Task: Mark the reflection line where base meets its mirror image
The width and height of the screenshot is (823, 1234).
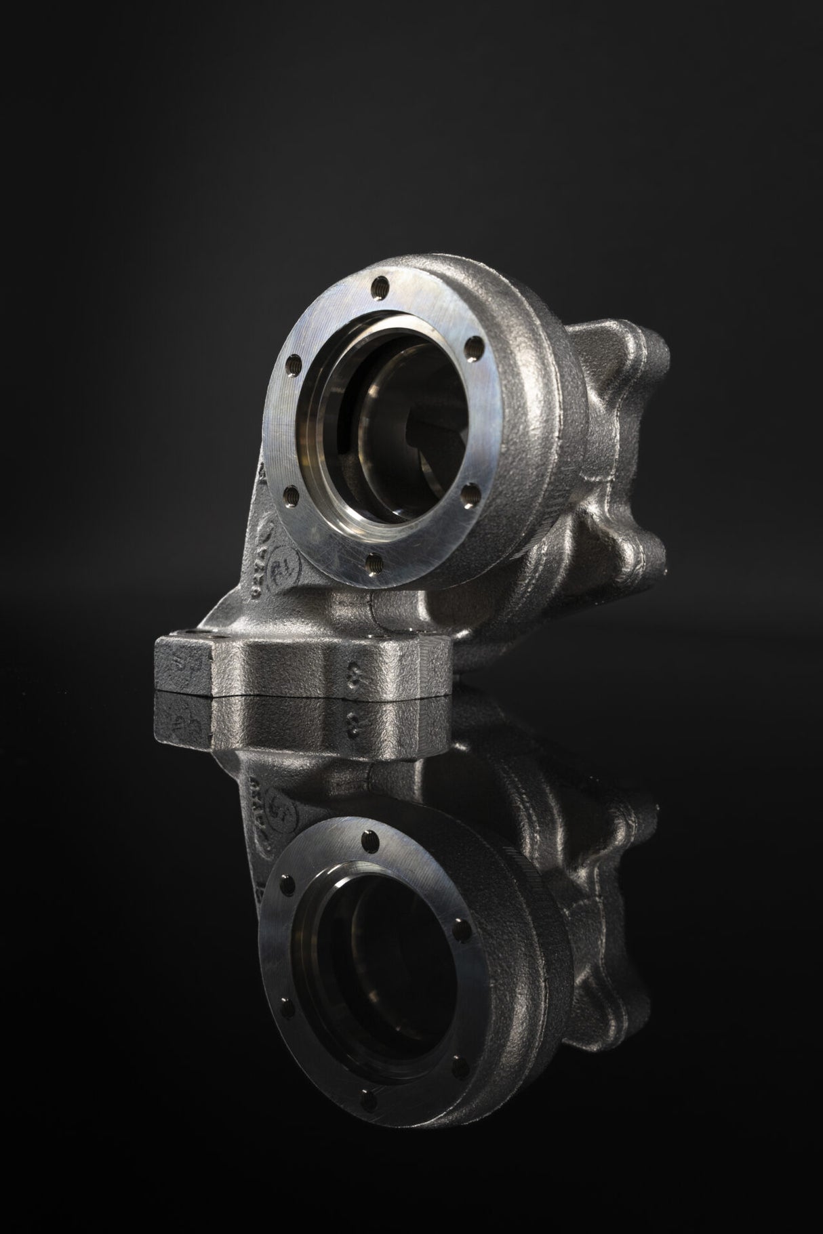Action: tap(305, 693)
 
